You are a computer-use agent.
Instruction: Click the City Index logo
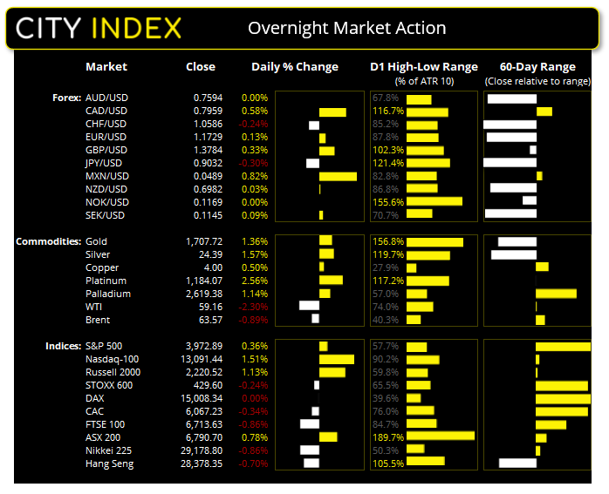[98, 28]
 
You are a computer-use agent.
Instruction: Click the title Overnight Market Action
[346, 28]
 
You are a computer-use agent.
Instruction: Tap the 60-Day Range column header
[537, 67]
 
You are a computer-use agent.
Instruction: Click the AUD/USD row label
[106, 98]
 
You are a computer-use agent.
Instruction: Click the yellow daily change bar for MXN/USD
[338, 177]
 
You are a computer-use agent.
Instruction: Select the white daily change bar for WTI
[309, 307]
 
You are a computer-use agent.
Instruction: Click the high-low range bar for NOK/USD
[434, 202]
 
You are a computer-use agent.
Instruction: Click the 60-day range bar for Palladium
[556, 294]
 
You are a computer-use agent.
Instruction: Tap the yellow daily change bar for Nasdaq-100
[337, 359]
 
